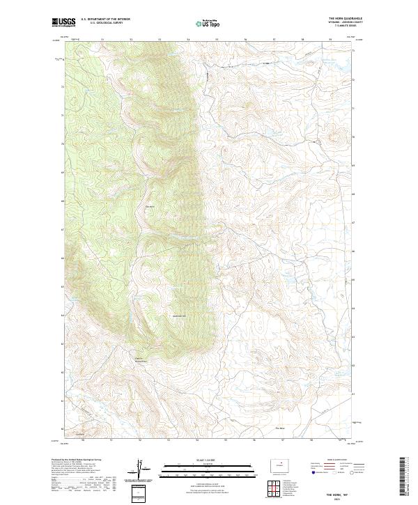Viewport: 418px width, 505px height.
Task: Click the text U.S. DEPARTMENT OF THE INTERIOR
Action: tap(105, 19)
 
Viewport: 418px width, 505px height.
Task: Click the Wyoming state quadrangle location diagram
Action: tap(277, 464)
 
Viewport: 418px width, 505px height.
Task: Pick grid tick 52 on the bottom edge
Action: tap(140, 440)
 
